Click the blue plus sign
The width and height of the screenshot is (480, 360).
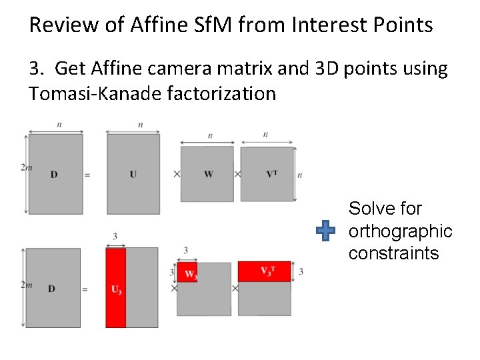pyautogui.click(x=325, y=231)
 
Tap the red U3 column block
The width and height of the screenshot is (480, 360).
pyautogui.click(x=115, y=287)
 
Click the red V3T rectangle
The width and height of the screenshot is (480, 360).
pyautogui.click(x=265, y=271)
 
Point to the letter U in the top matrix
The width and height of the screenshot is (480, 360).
pyautogui.click(x=133, y=175)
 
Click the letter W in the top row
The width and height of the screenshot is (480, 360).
pyautogui.click(x=208, y=175)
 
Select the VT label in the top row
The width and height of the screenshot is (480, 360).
pyautogui.click(x=271, y=174)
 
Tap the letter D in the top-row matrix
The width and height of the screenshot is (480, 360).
pyautogui.click(x=54, y=175)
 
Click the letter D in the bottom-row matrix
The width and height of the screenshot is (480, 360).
pyautogui.click(x=52, y=289)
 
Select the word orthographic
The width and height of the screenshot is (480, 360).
pyautogui.click(x=400, y=231)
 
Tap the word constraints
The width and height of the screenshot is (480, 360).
pyautogui.click(x=393, y=253)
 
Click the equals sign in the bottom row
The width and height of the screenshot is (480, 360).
pyautogui.click(x=85, y=289)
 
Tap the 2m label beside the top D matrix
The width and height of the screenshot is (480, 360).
pyautogui.click(x=27, y=167)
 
